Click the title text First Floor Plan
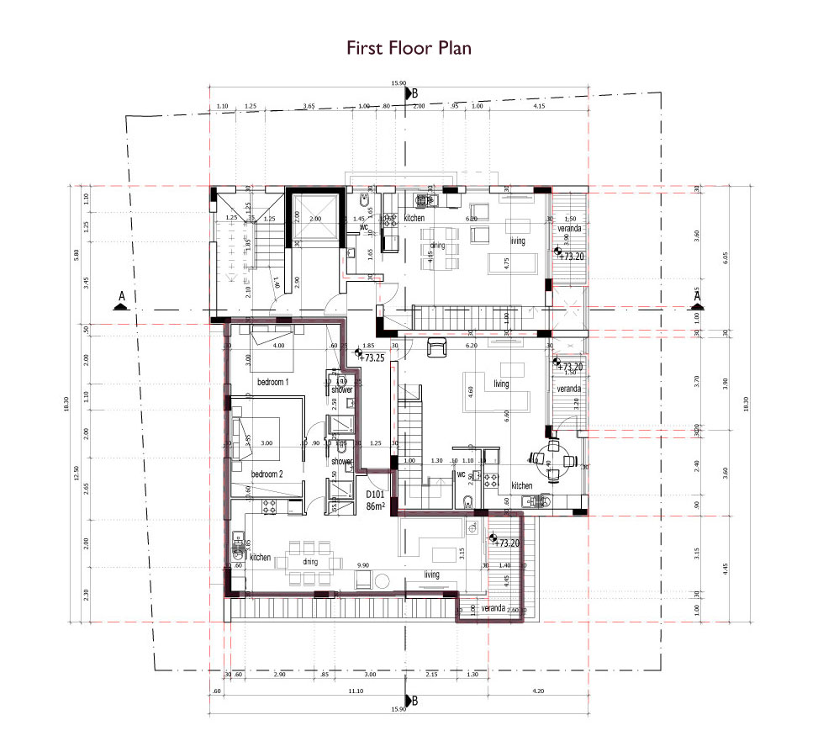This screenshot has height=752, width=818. (x=409, y=48)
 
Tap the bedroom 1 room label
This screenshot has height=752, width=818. (x=272, y=382)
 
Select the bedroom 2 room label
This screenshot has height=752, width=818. (x=267, y=474)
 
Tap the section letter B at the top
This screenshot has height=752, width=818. (x=414, y=93)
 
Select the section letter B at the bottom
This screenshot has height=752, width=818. (x=414, y=701)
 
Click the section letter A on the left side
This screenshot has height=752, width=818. (x=122, y=297)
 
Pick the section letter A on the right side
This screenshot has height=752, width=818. (x=696, y=296)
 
